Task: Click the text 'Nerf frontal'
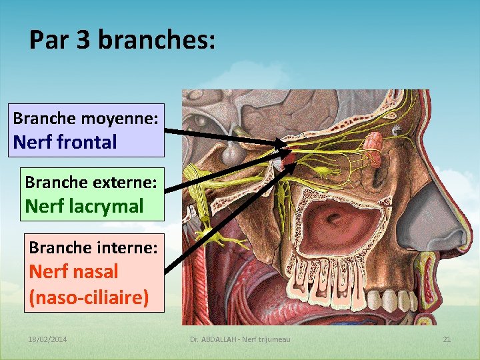coord(65,142)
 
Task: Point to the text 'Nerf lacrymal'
coord(84,206)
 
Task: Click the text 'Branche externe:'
coord(91,182)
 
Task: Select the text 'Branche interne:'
coord(93,247)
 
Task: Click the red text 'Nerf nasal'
coord(73,271)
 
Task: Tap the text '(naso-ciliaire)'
coord(89,297)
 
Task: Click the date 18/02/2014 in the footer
coord(48,340)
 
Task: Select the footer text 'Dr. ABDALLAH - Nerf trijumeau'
coord(240,340)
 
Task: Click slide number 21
coord(447,340)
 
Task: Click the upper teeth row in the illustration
coord(333,283)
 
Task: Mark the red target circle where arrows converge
coord(288,159)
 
